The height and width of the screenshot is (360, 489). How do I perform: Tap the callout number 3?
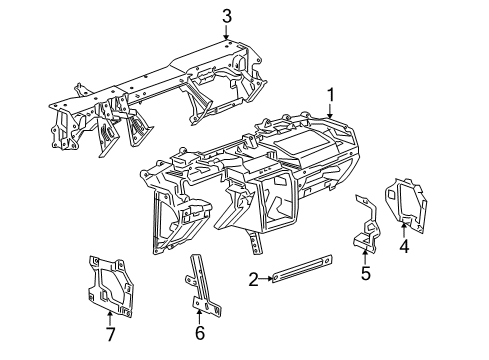[x=227, y=15]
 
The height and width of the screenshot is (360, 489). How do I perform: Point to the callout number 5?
[x=365, y=273]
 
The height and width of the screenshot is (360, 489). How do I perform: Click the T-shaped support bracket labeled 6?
[x=203, y=295]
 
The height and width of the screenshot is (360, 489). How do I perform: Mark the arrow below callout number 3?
[x=227, y=32]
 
